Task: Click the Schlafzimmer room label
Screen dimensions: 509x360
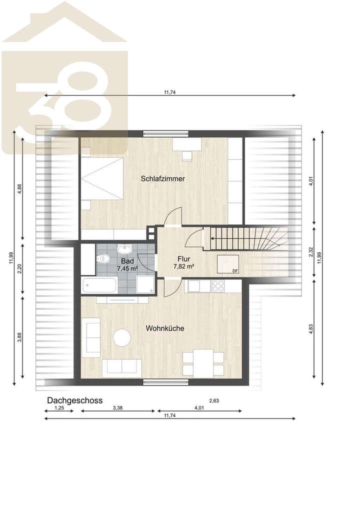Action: click(163, 178)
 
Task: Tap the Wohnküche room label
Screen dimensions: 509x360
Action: click(164, 328)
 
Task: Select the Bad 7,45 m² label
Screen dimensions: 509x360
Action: click(127, 265)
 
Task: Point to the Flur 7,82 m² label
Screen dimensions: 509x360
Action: click(183, 263)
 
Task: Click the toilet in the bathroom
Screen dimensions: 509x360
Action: click(103, 258)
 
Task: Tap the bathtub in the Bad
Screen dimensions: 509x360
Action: click(99, 286)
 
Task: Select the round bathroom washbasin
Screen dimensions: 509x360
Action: click(124, 249)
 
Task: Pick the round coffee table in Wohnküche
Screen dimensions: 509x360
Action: click(121, 337)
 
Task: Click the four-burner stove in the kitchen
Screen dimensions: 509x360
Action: click(218, 286)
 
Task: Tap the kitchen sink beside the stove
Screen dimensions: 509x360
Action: click(193, 286)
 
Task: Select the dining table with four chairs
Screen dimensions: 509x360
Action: click(203, 363)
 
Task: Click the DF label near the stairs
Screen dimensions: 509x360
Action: click(235, 271)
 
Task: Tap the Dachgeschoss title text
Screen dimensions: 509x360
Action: click(74, 400)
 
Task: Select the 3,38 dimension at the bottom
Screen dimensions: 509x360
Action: click(118, 408)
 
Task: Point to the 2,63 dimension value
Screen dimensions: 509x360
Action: click(214, 400)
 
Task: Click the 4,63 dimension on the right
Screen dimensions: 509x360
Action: click(310, 328)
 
